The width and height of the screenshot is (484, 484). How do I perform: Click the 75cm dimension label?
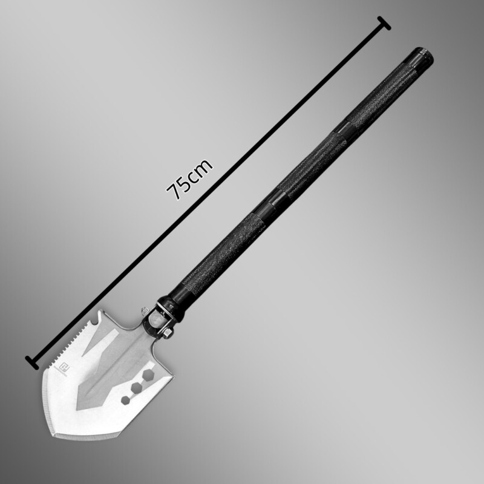189,179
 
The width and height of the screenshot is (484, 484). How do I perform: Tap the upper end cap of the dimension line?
385,23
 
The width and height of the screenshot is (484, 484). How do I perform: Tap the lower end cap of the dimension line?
32,362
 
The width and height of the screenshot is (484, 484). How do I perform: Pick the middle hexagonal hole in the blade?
136,388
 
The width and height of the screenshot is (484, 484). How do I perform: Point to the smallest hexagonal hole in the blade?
125,400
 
